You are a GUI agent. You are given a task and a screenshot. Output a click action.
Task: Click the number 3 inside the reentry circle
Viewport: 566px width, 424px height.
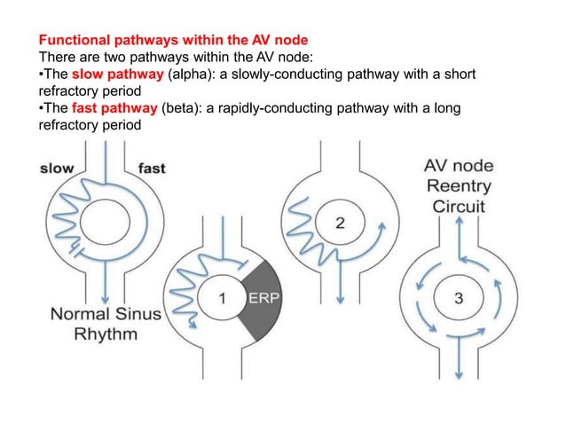(x=458, y=299)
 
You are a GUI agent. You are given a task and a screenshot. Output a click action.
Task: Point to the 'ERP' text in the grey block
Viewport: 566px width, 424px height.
(x=263, y=297)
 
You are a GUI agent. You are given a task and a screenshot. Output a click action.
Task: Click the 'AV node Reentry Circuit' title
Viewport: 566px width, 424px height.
(x=459, y=185)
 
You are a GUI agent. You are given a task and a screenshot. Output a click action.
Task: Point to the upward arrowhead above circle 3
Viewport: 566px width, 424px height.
(x=458, y=225)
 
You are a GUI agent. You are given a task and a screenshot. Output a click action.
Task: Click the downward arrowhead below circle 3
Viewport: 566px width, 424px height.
(x=458, y=373)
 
